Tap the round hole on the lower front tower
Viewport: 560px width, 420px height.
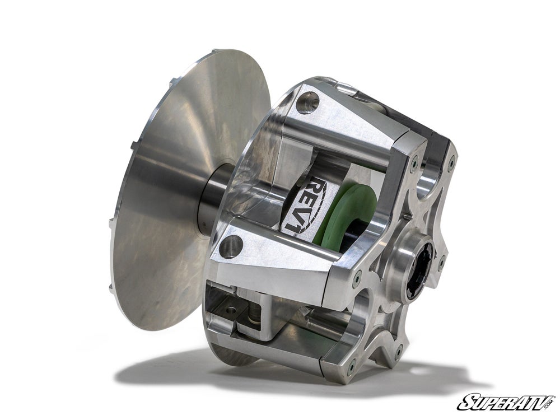(231, 246)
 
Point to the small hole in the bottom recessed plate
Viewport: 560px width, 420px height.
(230, 309)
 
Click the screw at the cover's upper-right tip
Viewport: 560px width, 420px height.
(451, 164)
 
